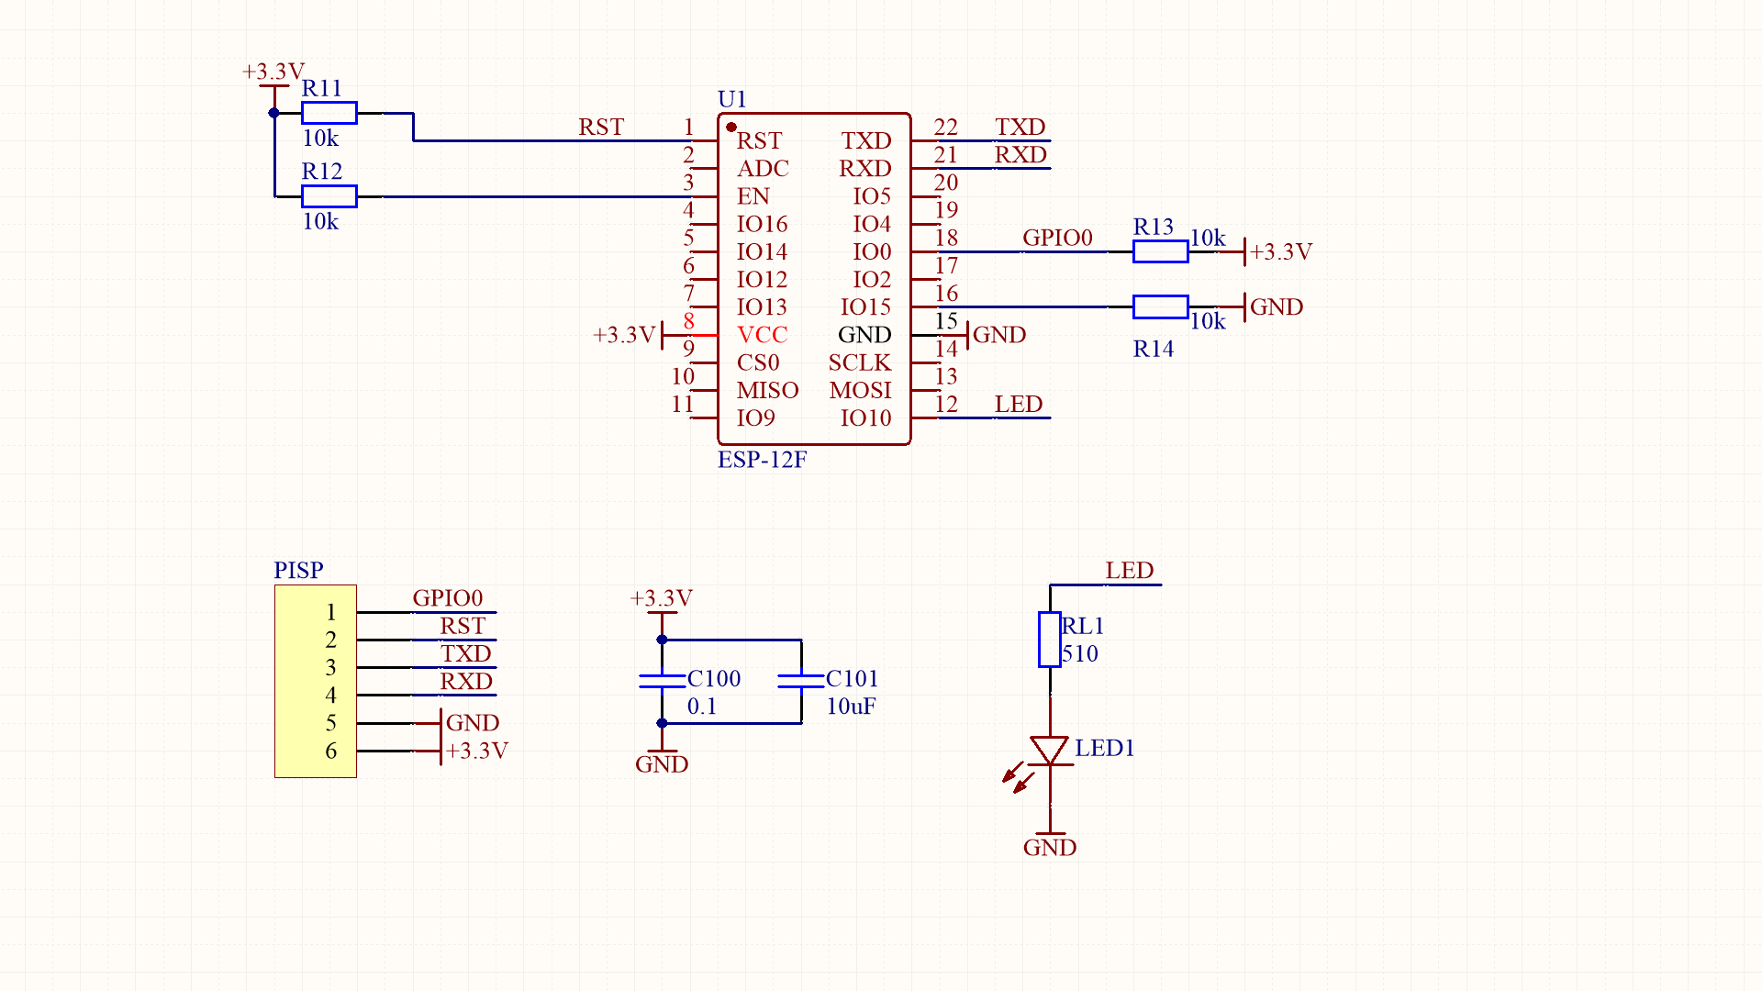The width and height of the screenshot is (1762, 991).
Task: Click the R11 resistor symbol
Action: pos(329,113)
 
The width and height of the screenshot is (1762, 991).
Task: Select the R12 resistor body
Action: pos(329,196)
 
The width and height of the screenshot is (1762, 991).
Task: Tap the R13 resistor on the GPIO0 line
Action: pos(1160,251)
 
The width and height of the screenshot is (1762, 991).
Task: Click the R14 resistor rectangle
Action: pos(1160,306)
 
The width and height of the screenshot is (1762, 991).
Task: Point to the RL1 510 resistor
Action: pos(1050,640)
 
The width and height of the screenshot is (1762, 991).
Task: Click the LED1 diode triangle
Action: pos(1050,749)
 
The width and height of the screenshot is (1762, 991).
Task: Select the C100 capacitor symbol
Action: pos(662,681)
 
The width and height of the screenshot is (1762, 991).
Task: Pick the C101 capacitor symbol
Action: pos(801,681)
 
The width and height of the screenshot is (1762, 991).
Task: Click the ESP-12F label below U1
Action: pos(762,460)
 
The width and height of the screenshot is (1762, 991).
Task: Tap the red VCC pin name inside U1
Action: pos(762,335)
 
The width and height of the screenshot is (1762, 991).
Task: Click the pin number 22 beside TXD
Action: pos(945,128)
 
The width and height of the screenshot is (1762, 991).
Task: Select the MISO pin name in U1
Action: pos(767,391)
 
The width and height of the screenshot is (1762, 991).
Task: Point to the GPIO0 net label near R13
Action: pos(1057,238)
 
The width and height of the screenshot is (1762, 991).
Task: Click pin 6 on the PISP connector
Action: pos(331,751)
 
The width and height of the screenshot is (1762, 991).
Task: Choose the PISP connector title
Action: pos(298,570)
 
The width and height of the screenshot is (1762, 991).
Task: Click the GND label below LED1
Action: pos(1050,848)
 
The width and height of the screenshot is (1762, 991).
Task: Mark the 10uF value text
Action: pos(851,707)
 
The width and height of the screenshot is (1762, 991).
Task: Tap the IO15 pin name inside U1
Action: pos(865,307)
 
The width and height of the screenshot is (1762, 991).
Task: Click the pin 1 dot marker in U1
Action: pos(731,127)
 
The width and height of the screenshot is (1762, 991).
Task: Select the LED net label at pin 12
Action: pos(1018,405)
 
